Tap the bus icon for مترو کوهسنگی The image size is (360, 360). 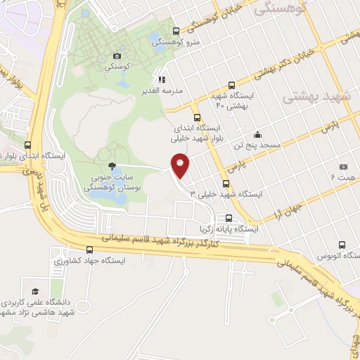(175, 30)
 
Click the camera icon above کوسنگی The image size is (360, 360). (117, 56)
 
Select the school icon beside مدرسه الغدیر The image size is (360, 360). (162, 80)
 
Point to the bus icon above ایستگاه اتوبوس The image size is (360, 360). (341, 245)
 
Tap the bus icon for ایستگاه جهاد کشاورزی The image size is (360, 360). (89, 249)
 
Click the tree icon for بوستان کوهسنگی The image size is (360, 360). (112, 167)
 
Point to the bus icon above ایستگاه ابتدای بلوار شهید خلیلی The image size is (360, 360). (197, 117)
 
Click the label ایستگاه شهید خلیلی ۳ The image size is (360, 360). (224, 193)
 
